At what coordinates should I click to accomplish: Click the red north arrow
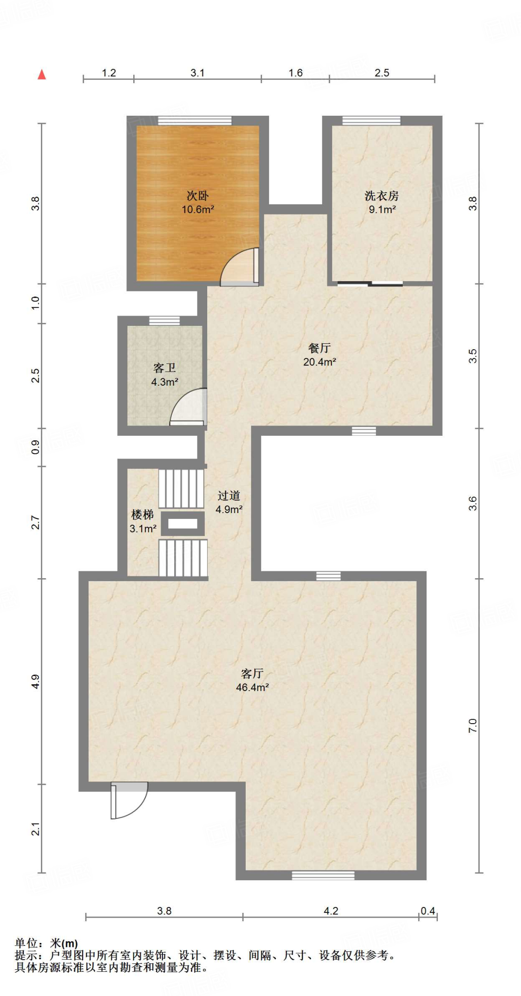point(42,74)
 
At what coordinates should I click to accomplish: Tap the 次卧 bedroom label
point(198,196)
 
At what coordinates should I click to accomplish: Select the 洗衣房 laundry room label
point(382,196)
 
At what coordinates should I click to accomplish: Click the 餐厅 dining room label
point(320,348)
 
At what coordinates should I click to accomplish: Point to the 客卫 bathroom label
point(164,368)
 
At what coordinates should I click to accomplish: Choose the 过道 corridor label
point(229,496)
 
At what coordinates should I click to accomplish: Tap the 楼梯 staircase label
point(143,515)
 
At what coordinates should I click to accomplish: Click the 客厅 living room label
point(252,673)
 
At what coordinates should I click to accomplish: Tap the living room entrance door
point(129,800)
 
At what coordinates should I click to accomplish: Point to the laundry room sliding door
point(370,284)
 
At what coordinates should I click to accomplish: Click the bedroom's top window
point(195,121)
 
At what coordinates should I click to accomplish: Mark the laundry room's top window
point(371,121)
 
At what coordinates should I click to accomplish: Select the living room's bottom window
point(323,875)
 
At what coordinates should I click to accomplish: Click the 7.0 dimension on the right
point(472,726)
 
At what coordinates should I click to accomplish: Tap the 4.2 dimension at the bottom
point(331,911)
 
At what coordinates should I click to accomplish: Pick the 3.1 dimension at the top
point(198,73)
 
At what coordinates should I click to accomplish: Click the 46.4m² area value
point(252,687)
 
